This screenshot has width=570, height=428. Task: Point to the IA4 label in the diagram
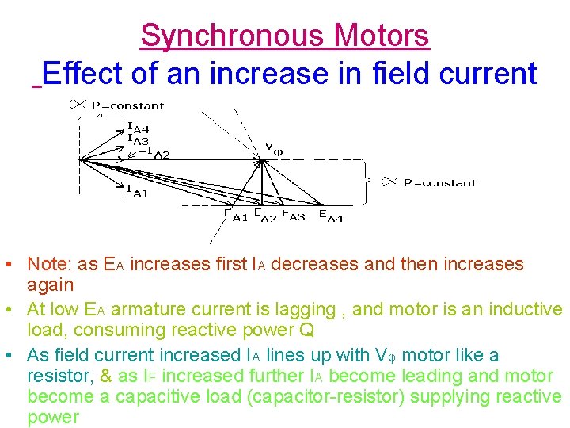(x=138, y=126)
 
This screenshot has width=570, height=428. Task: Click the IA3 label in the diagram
(x=138, y=139)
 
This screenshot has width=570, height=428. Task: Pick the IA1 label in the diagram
(x=136, y=189)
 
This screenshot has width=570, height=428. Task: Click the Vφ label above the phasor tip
(x=273, y=147)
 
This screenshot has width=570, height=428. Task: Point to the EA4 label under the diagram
(x=331, y=215)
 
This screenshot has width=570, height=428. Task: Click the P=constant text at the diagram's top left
(x=127, y=105)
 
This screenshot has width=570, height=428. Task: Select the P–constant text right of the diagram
(x=439, y=183)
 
